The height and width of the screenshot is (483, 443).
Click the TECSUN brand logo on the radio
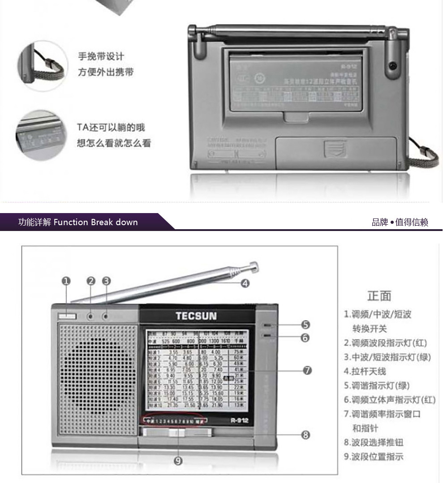pos(196,316)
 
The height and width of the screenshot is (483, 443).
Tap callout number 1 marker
pos(66,281)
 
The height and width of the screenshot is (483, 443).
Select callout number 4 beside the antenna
pos(245,283)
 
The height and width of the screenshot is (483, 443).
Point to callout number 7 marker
pos(307,370)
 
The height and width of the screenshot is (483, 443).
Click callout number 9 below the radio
pos(178,461)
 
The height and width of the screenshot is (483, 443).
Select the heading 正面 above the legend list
pos(379,296)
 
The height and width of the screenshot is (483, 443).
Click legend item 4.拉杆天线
pos(365,371)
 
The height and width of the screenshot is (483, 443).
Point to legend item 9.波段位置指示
pos(374,457)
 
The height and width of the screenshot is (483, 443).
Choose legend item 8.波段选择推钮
pos(374,442)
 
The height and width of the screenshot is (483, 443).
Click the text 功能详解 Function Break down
pos(78,222)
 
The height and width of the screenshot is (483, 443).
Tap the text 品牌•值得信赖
pos(400,222)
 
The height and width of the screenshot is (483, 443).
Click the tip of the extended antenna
pos(254,267)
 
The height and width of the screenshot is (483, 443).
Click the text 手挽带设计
pos(101,57)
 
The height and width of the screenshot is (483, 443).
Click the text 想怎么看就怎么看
pos(114,143)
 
